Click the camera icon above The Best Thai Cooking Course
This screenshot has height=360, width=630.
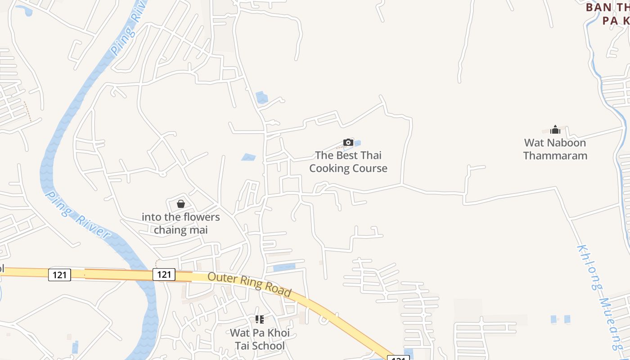tap(348, 143)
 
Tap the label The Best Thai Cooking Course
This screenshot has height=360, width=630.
tap(348, 162)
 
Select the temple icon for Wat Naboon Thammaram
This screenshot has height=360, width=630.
tap(555, 130)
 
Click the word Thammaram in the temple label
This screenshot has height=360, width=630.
tap(555, 156)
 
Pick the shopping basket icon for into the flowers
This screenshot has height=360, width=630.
tap(181, 204)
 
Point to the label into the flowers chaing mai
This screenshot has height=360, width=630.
tap(181, 224)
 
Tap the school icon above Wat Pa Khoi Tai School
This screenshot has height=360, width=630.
tap(260, 319)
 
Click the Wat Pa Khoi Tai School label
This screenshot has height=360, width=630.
tap(260, 339)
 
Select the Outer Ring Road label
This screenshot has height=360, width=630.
tap(249, 284)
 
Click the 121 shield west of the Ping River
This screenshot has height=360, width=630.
tap(59, 274)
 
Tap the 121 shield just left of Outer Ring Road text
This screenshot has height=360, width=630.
tap(163, 274)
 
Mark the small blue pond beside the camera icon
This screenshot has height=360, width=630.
tap(357, 144)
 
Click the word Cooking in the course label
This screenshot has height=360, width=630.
tap(330, 168)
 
